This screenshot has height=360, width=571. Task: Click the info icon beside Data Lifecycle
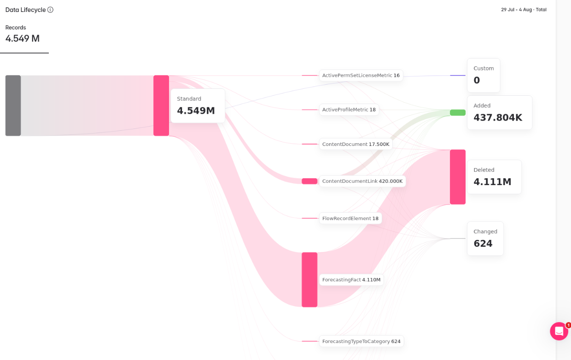(51, 10)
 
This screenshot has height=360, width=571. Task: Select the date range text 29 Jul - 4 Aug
(517, 10)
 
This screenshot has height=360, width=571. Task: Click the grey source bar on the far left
(13, 105)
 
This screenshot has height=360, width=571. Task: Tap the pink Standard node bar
(161, 105)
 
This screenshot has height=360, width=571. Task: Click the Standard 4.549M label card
(198, 106)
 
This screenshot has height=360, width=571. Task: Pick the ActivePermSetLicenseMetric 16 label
(361, 75)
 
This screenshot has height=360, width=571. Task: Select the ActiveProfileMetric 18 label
(349, 110)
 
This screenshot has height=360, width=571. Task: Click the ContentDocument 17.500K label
(356, 144)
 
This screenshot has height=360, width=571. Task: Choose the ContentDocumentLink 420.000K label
(362, 181)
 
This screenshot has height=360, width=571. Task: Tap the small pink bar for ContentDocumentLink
(309, 181)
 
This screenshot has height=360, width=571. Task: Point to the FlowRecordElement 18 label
(350, 218)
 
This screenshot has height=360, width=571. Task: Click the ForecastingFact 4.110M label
(351, 280)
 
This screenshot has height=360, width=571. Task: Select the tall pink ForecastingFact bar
(309, 280)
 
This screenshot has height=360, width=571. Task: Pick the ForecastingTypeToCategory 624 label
(361, 342)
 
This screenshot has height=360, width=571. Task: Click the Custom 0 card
(484, 75)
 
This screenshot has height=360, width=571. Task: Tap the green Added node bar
(458, 113)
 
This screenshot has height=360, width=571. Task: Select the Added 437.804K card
(500, 113)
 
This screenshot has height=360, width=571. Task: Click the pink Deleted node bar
(458, 177)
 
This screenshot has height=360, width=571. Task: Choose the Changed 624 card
(485, 238)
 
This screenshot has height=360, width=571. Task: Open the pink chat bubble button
(559, 331)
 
